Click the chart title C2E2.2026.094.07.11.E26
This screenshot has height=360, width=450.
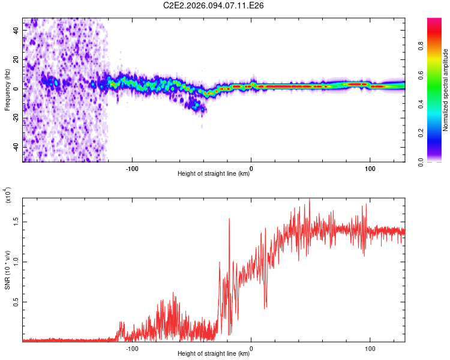(214, 5)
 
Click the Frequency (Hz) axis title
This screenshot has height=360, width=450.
(7, 89)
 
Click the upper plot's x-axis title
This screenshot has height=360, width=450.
(214, 174)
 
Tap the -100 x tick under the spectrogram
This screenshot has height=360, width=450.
(132, 168)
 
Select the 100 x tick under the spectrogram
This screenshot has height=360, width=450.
(370, 168)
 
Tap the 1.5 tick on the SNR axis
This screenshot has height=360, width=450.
(17, 221)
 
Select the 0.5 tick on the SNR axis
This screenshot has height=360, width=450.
(17, 301)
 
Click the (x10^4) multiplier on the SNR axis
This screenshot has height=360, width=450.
(8, 196)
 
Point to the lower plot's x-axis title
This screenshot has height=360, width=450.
(214, 353)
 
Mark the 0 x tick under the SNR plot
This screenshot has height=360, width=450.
(251, 347)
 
